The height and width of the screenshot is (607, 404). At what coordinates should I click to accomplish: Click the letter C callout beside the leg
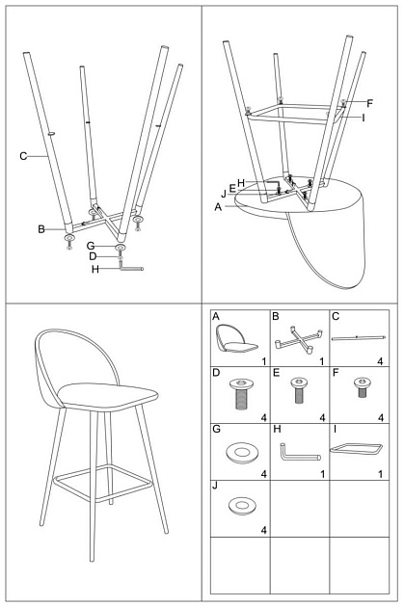[23, 156]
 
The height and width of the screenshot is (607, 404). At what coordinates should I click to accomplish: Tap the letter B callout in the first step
[41, 229]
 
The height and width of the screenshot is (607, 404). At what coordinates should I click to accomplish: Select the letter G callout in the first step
[91, 246]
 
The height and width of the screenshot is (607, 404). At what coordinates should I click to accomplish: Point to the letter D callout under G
[93, 256]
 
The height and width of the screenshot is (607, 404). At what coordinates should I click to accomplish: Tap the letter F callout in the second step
[369, 103]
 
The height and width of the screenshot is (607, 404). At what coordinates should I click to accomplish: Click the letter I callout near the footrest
[364, 118]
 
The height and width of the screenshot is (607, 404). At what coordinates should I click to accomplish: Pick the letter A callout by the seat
[218, 207]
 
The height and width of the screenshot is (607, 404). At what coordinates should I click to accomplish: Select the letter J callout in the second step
[224, 194]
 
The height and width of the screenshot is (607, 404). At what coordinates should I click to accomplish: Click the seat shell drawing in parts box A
[236, 339]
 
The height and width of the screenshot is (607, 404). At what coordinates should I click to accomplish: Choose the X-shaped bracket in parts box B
[299, 340]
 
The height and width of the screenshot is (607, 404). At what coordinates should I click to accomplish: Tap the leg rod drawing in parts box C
[359, 338]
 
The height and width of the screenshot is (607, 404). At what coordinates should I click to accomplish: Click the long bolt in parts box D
[240, 394]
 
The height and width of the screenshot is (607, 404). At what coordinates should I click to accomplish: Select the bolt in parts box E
[299, 390]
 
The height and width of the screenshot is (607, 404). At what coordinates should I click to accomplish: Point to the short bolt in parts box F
[363, 387]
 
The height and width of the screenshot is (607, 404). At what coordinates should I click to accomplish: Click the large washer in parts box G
[242, 453]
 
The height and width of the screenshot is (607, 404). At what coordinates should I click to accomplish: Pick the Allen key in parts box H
[299, 453]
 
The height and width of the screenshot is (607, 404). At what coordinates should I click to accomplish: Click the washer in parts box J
[242, 506]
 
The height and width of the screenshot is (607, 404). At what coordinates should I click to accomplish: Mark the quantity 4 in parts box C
[380, 361]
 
